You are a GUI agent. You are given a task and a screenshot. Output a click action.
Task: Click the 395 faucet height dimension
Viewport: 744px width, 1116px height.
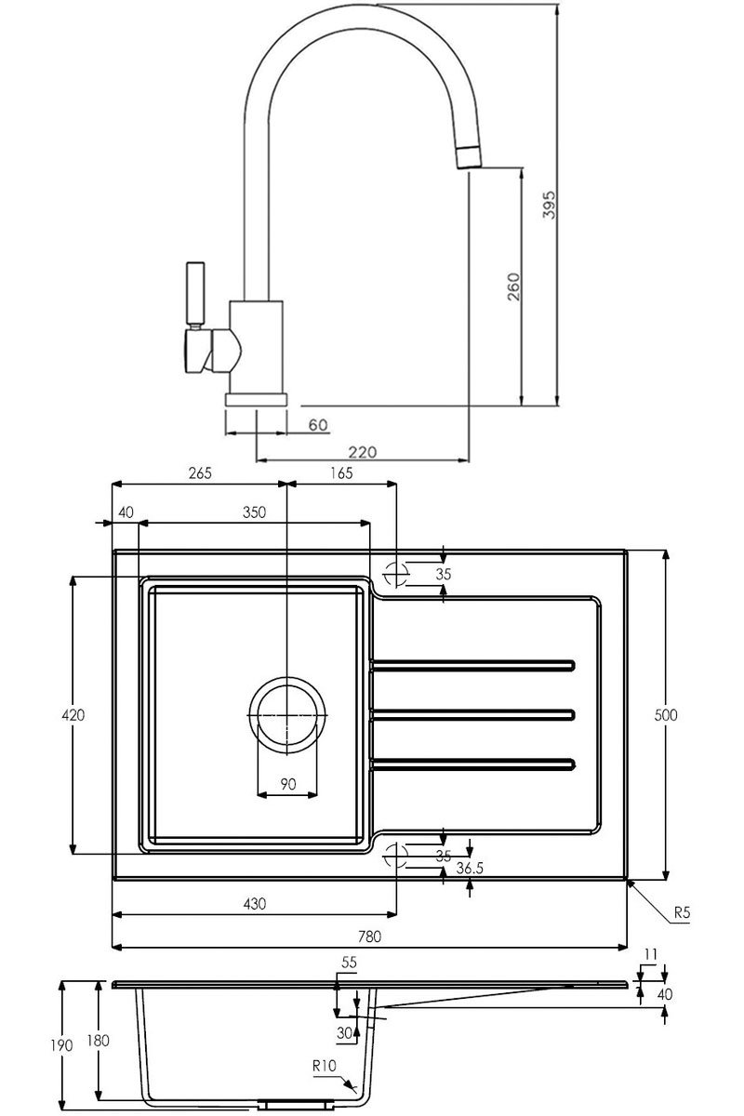549,204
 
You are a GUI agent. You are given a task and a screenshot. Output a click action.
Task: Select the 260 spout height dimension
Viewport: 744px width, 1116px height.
513,289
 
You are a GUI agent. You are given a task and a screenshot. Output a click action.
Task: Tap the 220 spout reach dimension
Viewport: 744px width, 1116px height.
363,452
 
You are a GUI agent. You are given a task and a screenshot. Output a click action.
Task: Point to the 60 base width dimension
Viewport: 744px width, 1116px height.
318,425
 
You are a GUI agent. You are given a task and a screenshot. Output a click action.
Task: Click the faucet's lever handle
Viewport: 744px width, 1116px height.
196,293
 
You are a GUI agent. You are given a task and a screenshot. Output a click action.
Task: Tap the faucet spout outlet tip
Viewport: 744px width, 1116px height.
469,158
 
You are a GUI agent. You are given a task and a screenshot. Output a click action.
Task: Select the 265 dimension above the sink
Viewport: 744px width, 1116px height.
200,472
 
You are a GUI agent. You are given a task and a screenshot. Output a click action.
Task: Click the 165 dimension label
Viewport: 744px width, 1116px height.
340,472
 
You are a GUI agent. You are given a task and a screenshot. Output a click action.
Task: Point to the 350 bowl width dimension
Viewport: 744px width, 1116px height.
254,512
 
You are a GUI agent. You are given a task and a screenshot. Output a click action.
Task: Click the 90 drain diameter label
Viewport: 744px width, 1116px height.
288,784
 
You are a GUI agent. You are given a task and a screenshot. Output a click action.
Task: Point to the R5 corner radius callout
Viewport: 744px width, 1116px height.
681,913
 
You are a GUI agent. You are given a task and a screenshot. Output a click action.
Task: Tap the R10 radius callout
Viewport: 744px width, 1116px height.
325,1067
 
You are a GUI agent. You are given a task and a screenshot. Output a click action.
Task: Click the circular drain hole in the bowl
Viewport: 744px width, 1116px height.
288,714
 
